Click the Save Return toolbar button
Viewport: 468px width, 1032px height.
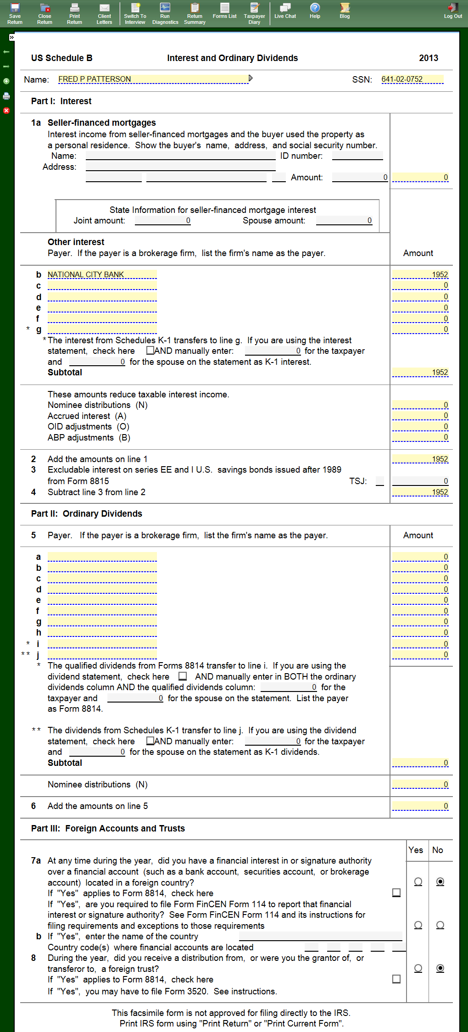pyautogui.click(x=15, y=13)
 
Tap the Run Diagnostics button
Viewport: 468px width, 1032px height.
pyautogui.click(x=165, y=13)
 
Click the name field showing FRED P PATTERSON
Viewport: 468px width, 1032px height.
pyautogui.click(x=153, y=79)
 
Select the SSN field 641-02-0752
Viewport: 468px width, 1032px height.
pyautogui.click(x=412, y=79)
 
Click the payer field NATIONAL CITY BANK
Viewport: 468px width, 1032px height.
pyautogui.click(x=102, y=274)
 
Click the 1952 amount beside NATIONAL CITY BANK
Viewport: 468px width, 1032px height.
pyautogui.click(x=420, y=274)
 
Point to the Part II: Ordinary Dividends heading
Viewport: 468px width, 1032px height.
pyautogui.click(x=87, y=513)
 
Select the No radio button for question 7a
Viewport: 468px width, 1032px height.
pyautogui.click(x=440, y=881)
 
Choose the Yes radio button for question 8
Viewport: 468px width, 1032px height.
pyautogui.click(x=418, y=968)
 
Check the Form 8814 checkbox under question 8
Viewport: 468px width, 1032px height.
pyautogui.click(x=396, y=979)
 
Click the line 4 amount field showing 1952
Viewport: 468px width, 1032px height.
pyautogui.click(x=420, y=492)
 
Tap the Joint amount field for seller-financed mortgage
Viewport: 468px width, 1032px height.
pyautogui.click(x=163, y=221)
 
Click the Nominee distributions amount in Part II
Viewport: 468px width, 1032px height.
pyautogui.click(x=420, y=785)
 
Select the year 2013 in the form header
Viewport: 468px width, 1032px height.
pyautogui.click(x=429, y=58)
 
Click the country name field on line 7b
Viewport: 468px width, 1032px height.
pyautogui.click(x=320, y=936)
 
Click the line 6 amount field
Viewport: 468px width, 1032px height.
pyautogui.click(x=420, y=806)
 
